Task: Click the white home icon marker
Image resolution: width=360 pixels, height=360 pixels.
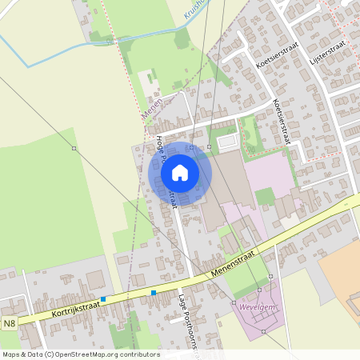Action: pos(180,173)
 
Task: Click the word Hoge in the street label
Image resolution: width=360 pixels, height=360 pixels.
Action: pos(160,144)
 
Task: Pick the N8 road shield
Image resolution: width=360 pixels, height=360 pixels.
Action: pos(9,324)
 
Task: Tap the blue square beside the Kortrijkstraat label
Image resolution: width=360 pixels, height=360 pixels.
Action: pos(103,299)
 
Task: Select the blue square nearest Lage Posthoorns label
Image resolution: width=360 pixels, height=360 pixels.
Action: pos(154,293)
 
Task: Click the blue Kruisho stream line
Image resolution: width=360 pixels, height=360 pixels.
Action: pos(120,39)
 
